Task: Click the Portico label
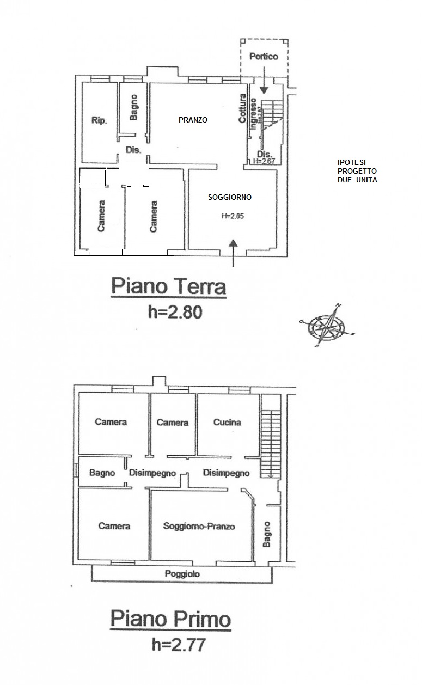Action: (264, 57)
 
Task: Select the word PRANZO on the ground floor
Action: (193, 120)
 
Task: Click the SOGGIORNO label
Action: (230, 197)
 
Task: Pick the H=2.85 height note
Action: (233, 216)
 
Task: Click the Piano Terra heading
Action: (168, 286)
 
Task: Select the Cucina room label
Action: (227, 423)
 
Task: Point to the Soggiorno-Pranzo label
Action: (199, 527)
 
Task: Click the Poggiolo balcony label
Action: (182, 574)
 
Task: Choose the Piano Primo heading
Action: (170, 619)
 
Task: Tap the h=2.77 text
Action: (171, 645)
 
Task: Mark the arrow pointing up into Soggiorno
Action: (233, 253)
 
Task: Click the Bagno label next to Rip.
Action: (134, 107)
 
